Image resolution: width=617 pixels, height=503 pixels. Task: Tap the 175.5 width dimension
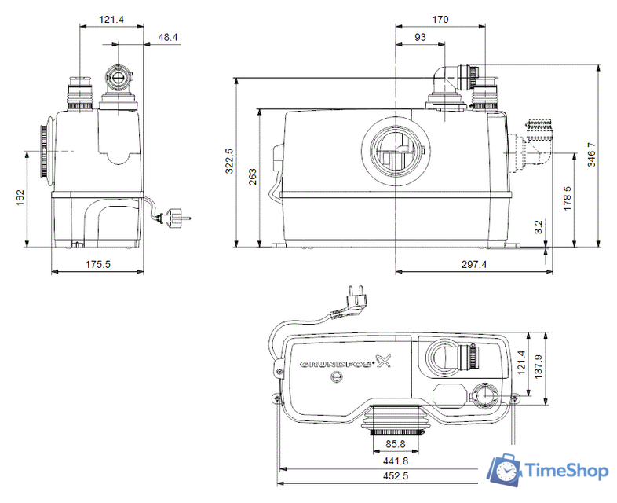(97, 265)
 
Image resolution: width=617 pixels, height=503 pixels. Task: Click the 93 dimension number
(420, 37)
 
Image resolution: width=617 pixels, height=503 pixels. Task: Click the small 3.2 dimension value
(538, 227)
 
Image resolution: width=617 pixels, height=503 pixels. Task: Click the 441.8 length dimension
(396, 461)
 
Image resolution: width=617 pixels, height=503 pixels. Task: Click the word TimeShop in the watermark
(565, 471)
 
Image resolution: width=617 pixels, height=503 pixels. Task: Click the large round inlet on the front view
(396, 149)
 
